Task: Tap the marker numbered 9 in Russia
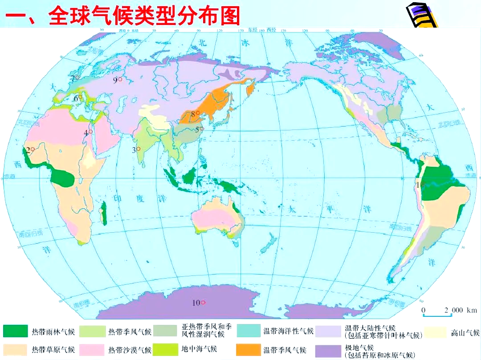pyautogui.click(x=120, y=80)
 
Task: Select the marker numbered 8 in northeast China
pyautogui.click(x=198, y=113)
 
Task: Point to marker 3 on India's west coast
pyautogui.click(x=138, y=149)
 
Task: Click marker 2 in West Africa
pyautogui.click(x=33, y=150)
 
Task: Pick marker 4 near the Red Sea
pyautogui.click(x=91, y=132)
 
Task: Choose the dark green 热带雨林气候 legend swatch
pyautogui.click(x=15, y=331)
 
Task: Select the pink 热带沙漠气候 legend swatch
pyautogui.click(x=92, y=350)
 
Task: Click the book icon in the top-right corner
pyautogui.click(x=421, y=17)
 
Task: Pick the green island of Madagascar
pyautogui.click(x=105, y=213)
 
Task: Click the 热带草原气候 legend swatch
pyautogui.click(x=15, y=350)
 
